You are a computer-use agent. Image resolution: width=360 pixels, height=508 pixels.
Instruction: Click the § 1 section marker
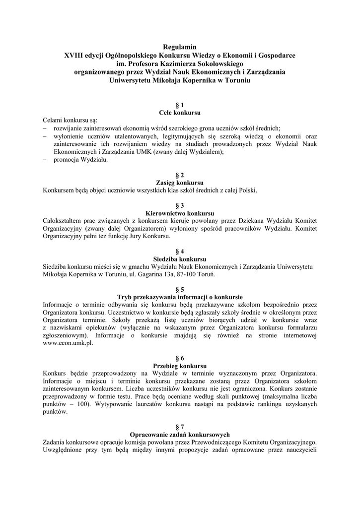(x=180, y=105)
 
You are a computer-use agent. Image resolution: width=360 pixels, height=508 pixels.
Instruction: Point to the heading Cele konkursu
(x=180, y=113)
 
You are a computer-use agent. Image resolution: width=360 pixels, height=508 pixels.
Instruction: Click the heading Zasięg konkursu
(x=180, y=183)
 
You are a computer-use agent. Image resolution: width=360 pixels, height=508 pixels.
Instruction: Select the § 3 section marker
(x=180, y=205)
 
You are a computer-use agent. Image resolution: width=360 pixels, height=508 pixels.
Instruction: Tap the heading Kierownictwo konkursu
(x=180, y=213)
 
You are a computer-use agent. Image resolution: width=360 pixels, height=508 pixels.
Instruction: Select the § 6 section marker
(x=180, y=358)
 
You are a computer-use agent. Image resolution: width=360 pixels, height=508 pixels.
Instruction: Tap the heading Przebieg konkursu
(x=180, y=366)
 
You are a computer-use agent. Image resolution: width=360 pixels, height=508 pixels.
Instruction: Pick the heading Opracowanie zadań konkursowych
(x=180, y=435)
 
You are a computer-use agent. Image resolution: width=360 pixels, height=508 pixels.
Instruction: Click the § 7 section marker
(x=180, y=427)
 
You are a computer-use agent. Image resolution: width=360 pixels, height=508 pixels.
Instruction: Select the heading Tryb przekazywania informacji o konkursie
(x=180, y=297)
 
